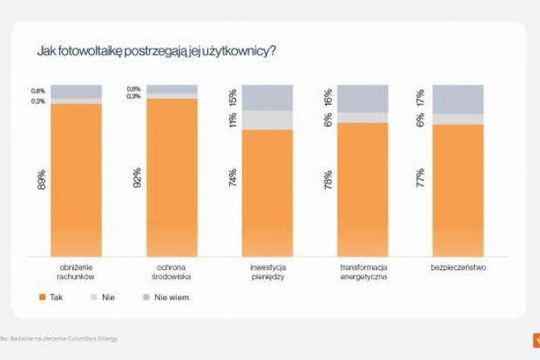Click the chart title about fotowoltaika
pos(158,51)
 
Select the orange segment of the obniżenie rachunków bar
pos(76,179)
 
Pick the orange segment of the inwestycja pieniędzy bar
pos(267,192)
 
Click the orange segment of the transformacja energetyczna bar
pos(362,188)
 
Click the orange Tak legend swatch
pos(41,297)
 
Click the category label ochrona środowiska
pos(172,271)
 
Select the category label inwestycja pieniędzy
pos(267,271)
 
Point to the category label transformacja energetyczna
pos(362,271)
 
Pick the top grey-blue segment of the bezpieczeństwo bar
pos(457,98)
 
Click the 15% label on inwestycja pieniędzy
pos(233,98)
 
